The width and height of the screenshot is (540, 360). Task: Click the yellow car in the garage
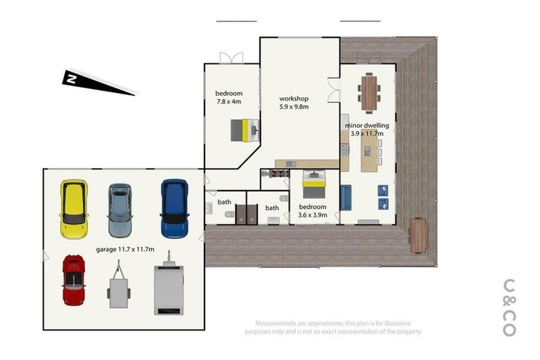(74, 209)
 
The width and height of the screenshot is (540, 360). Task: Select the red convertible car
(74, 280)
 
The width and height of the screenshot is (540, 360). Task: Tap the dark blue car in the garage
(174, 207)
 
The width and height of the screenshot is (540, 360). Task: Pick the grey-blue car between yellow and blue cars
(120, 210)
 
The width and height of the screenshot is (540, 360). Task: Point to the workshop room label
(295, 98)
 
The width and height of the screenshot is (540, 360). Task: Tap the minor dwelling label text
(367, 126)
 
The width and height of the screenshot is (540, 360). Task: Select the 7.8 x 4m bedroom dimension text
(229, 102)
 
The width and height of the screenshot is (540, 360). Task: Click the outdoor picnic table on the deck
(418, 235)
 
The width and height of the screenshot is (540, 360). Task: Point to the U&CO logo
(510, 308)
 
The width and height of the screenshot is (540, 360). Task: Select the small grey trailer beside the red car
(119, 285)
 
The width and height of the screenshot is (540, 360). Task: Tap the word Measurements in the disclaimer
(276, 321)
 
